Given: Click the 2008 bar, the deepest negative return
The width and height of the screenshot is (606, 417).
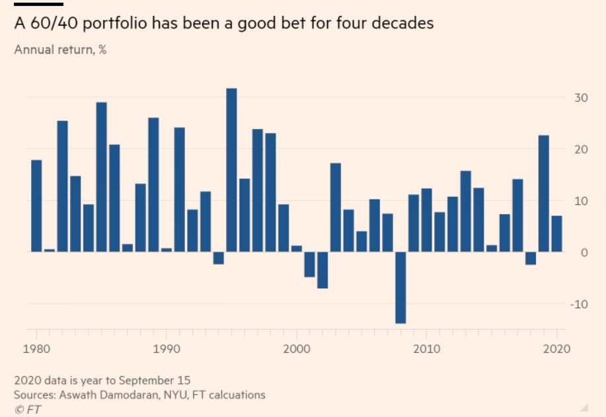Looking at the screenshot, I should click(400, 287).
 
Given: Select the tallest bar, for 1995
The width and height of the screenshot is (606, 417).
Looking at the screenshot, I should click(231, 170).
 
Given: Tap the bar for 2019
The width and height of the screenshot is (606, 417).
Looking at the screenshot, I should click(544, 194).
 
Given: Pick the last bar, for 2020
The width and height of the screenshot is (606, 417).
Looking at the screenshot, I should click(557, 234).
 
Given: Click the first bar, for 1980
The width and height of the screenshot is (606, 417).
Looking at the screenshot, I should click(36, 206).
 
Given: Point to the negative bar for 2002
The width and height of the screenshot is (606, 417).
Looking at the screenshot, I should click(322, 270).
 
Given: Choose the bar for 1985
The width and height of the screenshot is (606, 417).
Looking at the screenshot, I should click(101, 177).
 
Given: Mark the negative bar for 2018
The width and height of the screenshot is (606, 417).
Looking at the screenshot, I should click(531, 258).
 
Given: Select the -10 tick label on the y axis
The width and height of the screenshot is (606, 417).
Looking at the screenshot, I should click(578, 304).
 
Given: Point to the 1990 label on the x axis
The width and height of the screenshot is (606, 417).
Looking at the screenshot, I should click(167, 349).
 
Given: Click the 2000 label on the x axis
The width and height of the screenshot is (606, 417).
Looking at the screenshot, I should click(297, 349).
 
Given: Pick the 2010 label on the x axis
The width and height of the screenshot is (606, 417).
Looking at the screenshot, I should click(427, 349).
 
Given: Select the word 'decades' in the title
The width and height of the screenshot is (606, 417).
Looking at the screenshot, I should click(406, 24).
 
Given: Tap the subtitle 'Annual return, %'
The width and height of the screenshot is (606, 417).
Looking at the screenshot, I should click(60, 49).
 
